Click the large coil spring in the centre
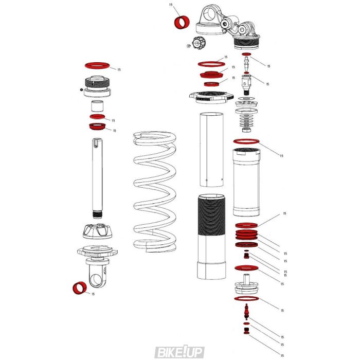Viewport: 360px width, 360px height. click(x=155, y=190)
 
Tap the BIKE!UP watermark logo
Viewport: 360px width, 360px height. click(x=180, y=352)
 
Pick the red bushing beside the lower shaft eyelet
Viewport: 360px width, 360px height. click(x=79, y=289)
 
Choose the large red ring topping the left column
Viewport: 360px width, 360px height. click(x=98, y=66)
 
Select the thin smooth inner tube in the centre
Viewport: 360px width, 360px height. click(x=211, y=149)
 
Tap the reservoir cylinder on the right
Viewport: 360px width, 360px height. click(x=247, y=183)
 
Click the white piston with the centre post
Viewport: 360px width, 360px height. click(x=247, y=285)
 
